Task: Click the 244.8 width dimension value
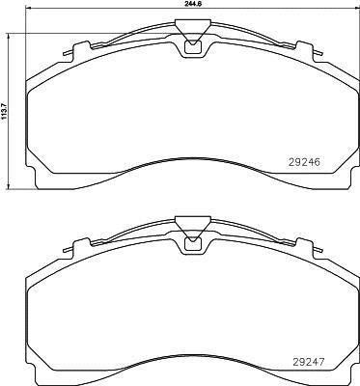pos(190,3)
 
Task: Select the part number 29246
pos(304,163)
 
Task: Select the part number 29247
pos(309,362)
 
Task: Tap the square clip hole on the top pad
pos(193,47)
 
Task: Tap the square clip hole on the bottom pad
pos(193,244)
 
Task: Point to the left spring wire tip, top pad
pos(66,53)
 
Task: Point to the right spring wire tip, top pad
pos(319,53)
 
